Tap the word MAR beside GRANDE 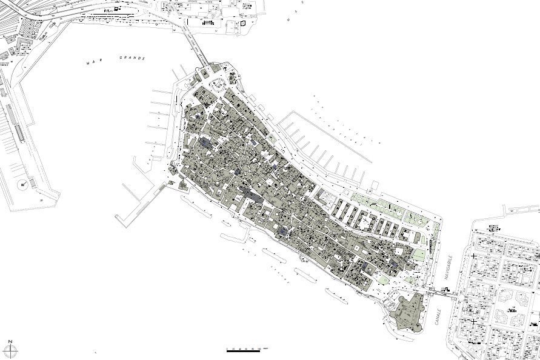pyautogui.click(x=93, y=61)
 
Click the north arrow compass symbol pyautogui.click(x=11, y=350)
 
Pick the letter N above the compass pyautogui.click(x=11, y=341)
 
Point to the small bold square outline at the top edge pyautogui.click(x=243, y=24)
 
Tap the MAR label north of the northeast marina pyautogui.click(x=290, y=18)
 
